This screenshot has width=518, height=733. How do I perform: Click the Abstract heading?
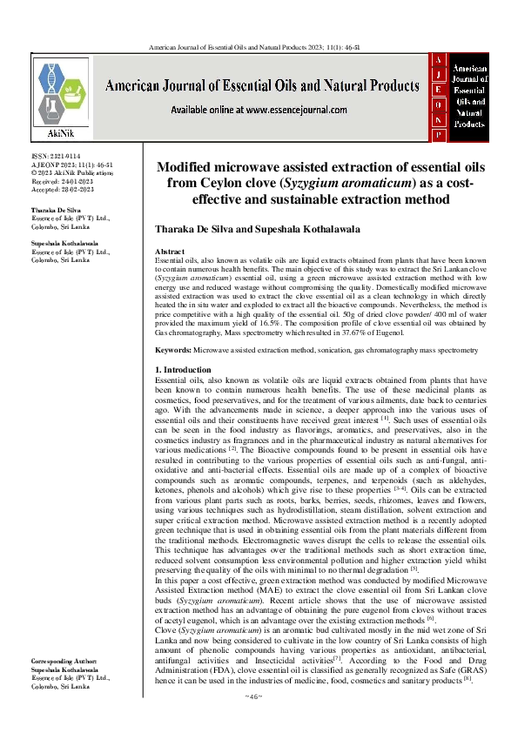tap(170, 251)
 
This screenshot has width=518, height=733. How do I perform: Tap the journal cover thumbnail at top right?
tap(461, 97)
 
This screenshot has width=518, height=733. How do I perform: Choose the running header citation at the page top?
tap(259, 45)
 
